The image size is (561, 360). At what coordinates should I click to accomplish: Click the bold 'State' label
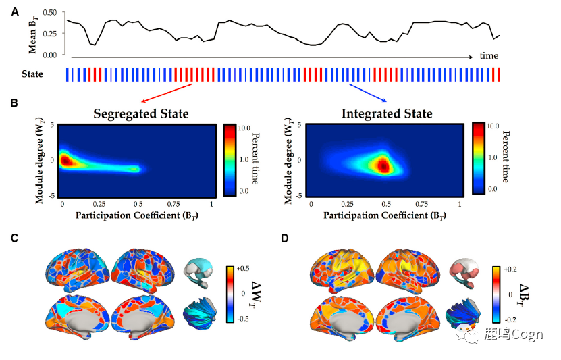click(33, 74)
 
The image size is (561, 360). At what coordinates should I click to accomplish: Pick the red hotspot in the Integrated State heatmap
click(383, 165)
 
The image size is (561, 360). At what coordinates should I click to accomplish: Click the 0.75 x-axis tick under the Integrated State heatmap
click(423, 204)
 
